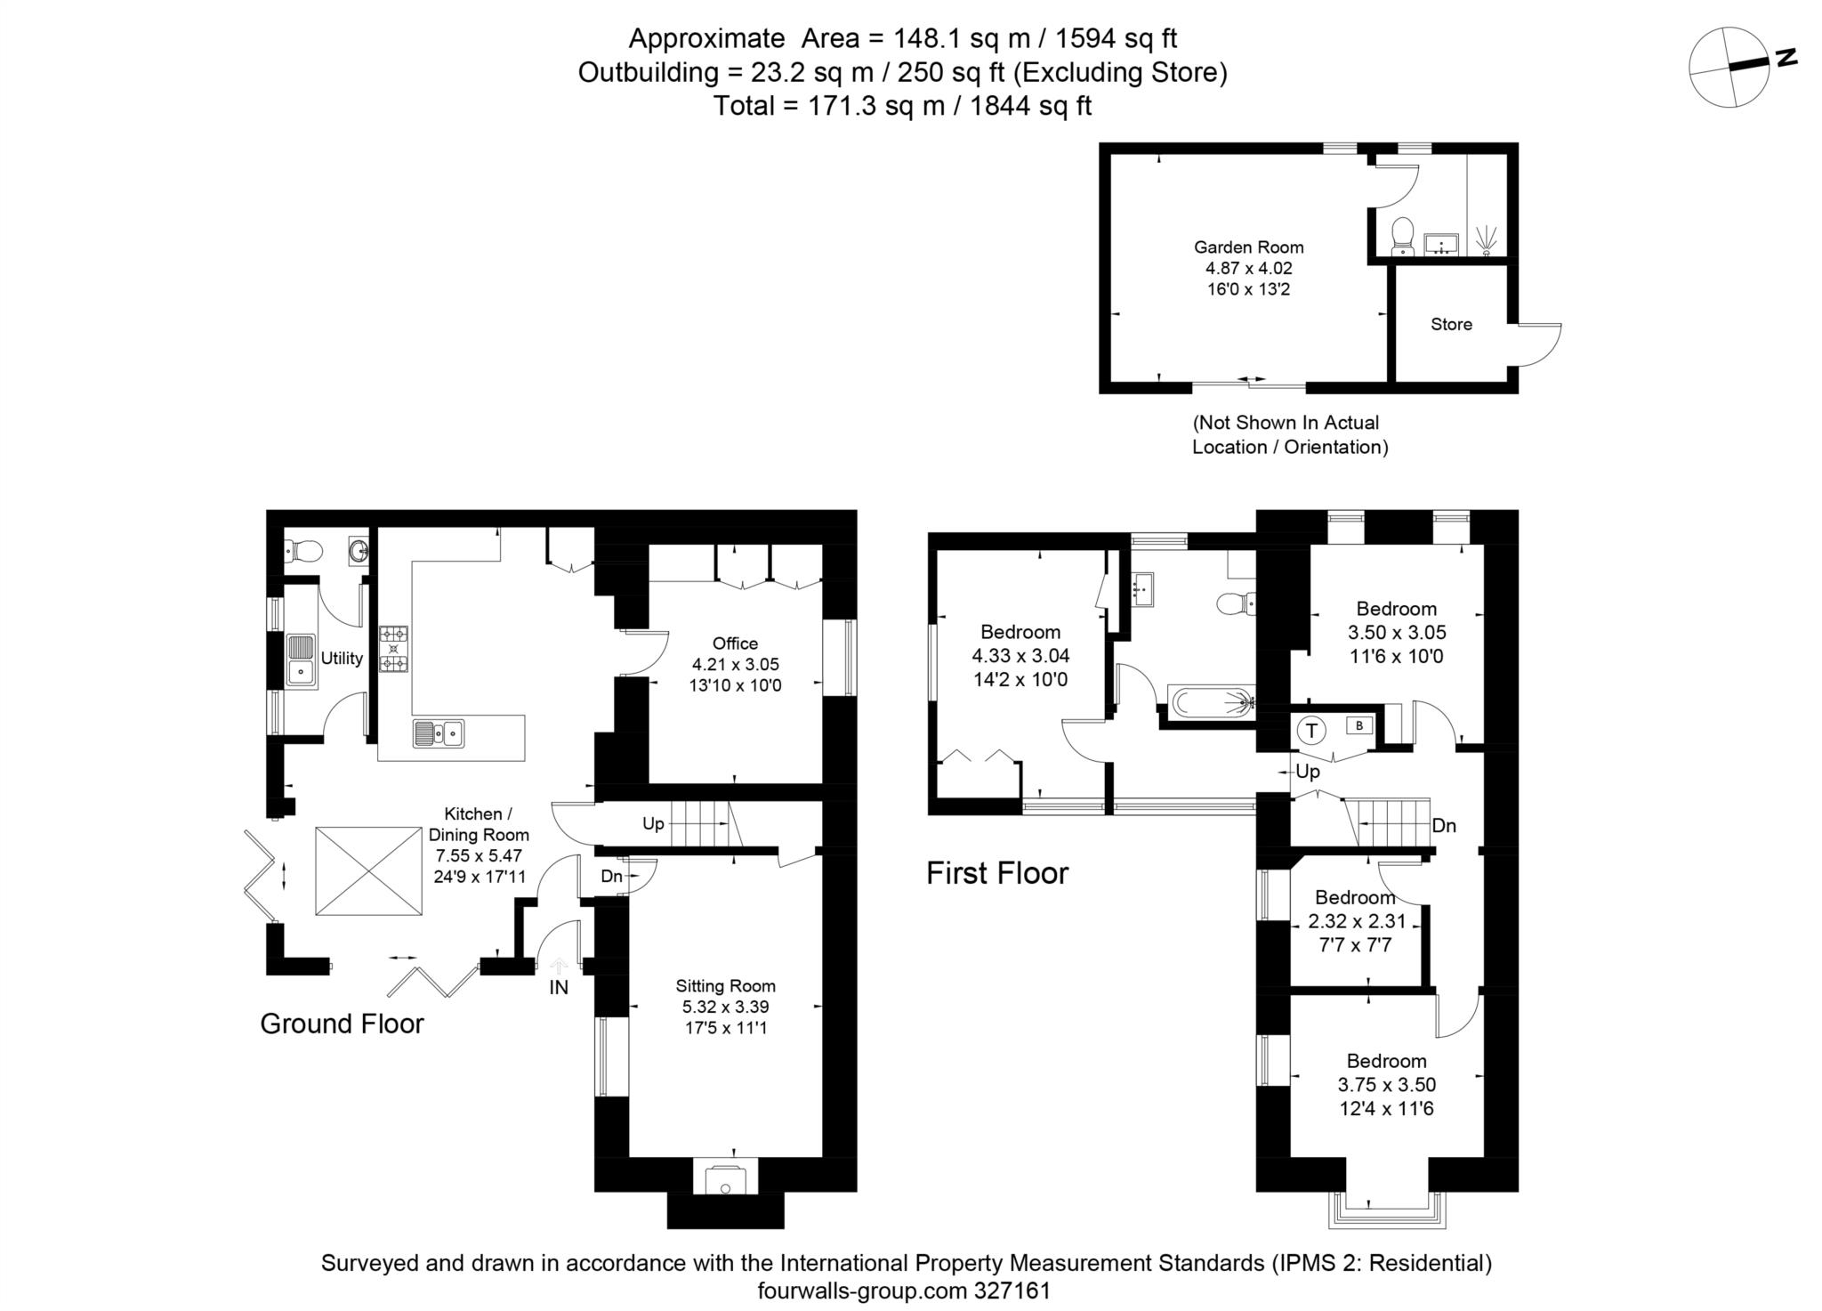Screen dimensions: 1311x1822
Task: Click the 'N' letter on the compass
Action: (1785, 58)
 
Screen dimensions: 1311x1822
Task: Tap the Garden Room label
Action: (1248, 247)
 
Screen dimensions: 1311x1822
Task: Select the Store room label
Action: (1451, 325)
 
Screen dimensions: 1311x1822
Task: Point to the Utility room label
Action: (342, 658)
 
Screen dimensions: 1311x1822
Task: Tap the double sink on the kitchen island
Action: (439, 733)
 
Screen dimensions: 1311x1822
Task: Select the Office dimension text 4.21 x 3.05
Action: (735, 664)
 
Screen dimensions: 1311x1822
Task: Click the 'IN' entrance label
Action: (558, 987)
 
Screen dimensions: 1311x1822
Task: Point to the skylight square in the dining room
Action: (367, 870)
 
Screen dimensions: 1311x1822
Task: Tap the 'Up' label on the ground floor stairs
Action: (653, 823)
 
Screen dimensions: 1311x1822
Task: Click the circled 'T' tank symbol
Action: (1311, 731)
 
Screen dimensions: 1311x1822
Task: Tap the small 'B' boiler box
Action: (1358, 725)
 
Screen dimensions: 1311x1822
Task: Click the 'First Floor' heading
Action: (996, 873)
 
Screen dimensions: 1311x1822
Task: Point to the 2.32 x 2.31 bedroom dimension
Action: (1354, 921)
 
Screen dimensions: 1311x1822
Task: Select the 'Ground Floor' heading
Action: (342, 1024)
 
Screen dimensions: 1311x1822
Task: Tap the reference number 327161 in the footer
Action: (1012, 1290)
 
